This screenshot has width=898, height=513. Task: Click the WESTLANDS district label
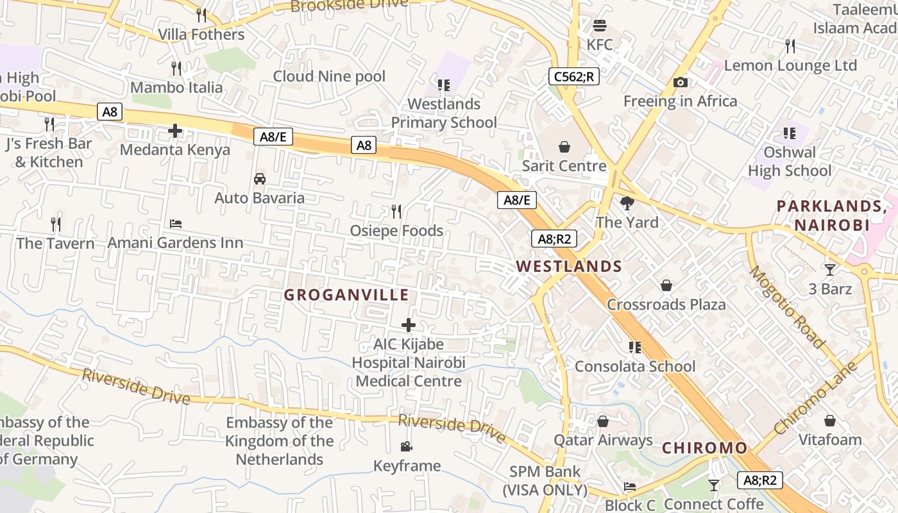click(569, 266)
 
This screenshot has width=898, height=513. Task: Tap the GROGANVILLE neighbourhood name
click(346, 295)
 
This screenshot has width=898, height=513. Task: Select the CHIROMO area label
click(704, 448)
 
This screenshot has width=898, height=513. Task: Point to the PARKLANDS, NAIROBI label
click(832, 215)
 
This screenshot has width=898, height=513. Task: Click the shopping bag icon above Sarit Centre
click(564, 147)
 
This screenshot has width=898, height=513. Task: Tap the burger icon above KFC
click(600, 26)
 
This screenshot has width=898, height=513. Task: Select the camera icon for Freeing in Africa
click(681, 82)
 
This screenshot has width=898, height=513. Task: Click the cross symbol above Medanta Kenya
click(175, 131)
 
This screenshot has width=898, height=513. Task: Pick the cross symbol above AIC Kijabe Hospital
click(409, 325)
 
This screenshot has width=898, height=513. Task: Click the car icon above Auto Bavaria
click(260, 178)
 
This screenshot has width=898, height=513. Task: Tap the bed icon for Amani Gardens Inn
click(176, 224)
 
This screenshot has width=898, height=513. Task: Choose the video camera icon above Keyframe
click(406, 446)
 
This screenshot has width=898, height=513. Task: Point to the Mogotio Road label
click(786, 307)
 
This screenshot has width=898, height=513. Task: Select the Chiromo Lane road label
click(815, 398)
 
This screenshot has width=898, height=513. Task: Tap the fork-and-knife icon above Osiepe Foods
click(396, 211)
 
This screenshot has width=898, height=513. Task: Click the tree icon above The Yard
click(627, 203)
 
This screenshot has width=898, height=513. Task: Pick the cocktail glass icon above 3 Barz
click(830, 270)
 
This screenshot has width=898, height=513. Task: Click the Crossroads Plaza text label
click(666, 305)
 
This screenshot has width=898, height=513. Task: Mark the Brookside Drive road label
click(349, 5)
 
